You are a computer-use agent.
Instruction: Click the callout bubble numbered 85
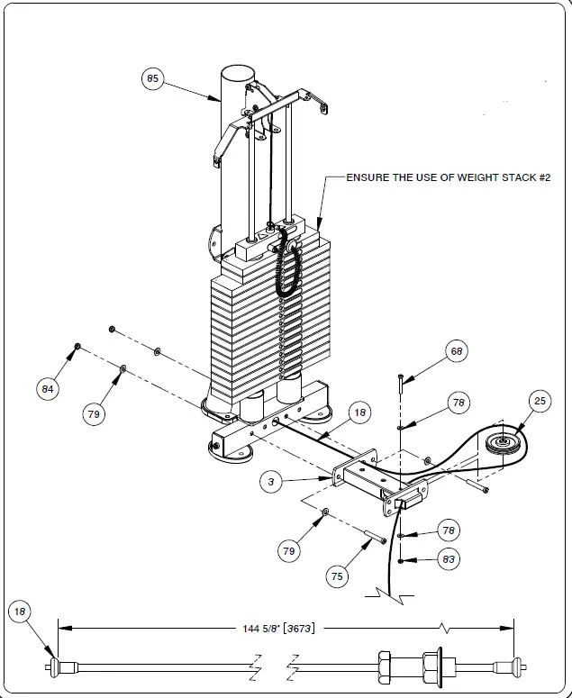pyautogui.click(x=152, y=79)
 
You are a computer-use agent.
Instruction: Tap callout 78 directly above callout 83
pyautogui.click(x=449, y=530)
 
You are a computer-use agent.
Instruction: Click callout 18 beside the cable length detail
pyautogui.click(x=21, y=612)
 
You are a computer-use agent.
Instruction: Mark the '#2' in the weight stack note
pyautogui.click(x=541, y=178)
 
